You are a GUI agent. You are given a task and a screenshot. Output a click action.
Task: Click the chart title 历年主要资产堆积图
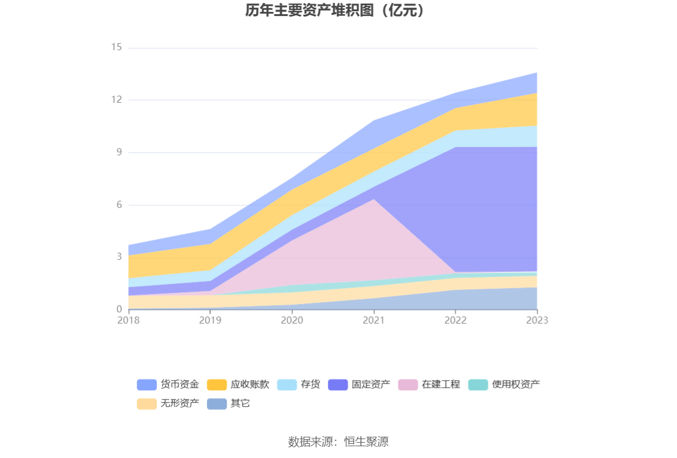pyautogui.click(x=334, y=11)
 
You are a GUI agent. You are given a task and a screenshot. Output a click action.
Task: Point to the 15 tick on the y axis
pyautogui.click(x=116, y=47)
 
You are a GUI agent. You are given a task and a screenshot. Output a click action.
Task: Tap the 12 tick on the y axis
pyautogui.click(x=116, y=100)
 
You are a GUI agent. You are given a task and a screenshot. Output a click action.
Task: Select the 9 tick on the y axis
pyautogui.click(x=119, y=152)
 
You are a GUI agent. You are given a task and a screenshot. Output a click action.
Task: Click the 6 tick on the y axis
pyautogui.click(x=119, y=205)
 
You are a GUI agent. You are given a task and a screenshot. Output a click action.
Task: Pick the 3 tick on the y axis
pyautogui.click(x=119, y=257)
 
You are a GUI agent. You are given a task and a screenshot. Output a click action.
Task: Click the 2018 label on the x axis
pyautogui.click(x=128, y=320)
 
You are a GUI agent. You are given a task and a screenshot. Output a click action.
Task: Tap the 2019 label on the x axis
pyautogui.click(x=210, y=320)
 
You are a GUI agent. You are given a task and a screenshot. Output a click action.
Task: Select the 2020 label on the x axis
pyautogui.click(x=292, y=320)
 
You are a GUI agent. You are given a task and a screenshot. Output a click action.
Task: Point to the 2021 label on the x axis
pyautogui.click(x=373, y=320)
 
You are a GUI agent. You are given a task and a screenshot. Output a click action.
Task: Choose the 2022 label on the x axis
pyautogui.click(x=455, y=320)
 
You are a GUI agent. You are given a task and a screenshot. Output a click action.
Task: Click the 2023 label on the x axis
pyautogui.click(x=537, y=320)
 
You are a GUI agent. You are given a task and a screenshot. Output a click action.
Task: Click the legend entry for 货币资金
pyautogui.click(x=168, y=384)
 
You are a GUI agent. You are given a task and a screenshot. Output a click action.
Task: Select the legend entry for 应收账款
pyautogui.click(x=238, y=384)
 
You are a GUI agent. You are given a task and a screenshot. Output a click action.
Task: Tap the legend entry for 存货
pyautogui.click(x=298, y=384)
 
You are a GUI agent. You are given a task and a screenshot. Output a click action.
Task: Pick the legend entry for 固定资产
pyautogui.click(x=359, y=384)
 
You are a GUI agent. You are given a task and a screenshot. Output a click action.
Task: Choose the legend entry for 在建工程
pyautogui.click(x=429, y=384)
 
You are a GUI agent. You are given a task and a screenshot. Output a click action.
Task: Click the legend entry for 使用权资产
pyautogui.click(x=504, y=384)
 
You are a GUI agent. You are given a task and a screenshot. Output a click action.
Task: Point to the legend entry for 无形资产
pyautogui.click(x=168, y=404)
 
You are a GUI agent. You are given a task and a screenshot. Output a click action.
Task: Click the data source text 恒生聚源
pyautogui.click(x=338, y=441)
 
